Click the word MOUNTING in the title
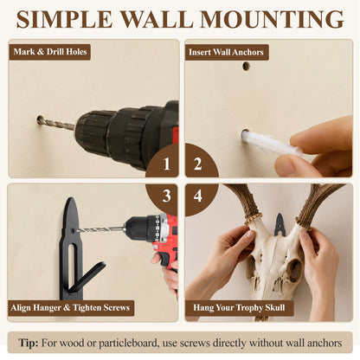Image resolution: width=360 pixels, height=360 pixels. click(272, 19)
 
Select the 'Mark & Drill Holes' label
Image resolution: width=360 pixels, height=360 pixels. click(50, 52)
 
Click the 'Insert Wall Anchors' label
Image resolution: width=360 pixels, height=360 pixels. click(227, 52)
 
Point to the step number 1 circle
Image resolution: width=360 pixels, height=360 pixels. click(162, 161)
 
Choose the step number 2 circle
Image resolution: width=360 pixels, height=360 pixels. click(202, 161)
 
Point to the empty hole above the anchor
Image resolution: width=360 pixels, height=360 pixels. click(246, 67)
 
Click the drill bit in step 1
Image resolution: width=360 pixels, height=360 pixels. click(56, 122)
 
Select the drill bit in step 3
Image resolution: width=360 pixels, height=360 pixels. click(100, 229)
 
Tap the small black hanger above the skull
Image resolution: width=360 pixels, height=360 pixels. click(280, 225)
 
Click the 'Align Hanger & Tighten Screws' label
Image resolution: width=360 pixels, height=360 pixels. click(71, 308)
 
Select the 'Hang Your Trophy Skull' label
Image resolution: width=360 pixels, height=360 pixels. click(239, 308)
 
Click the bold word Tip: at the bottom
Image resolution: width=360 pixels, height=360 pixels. click(29, 344)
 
